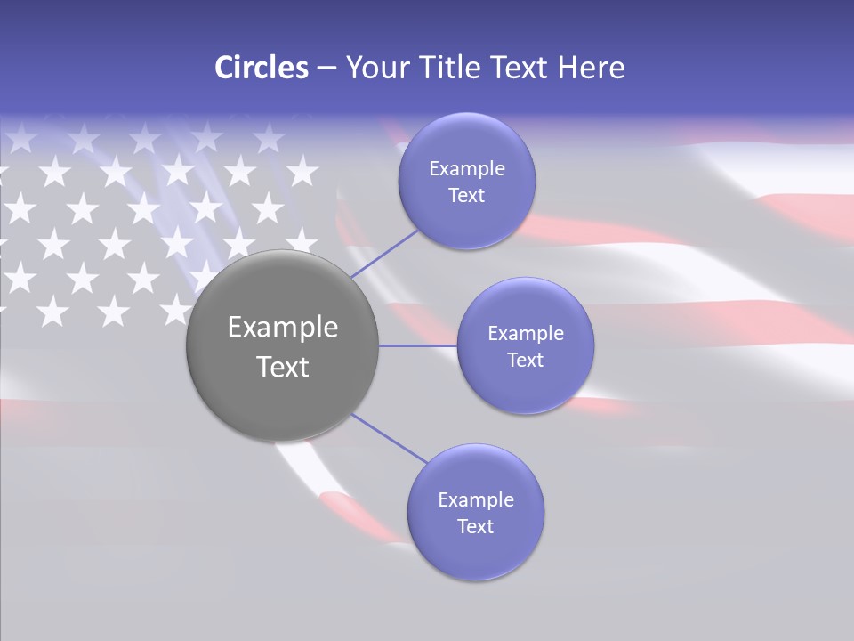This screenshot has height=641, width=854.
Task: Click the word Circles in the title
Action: pos(261,68)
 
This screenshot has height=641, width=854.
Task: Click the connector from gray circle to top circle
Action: pos(384,254)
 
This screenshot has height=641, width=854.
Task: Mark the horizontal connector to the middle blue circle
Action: pos(417,345)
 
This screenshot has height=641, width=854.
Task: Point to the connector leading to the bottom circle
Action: pos(390,439)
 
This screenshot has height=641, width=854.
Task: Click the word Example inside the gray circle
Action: pos(283,328)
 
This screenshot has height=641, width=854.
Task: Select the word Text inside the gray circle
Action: pos(283,367)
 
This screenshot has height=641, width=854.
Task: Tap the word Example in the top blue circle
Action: pos(467,169)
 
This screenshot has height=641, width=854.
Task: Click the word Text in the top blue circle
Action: pos(467,196)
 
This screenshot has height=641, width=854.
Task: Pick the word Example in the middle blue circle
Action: pos(526,334)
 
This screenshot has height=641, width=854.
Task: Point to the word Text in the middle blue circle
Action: pos(526,361)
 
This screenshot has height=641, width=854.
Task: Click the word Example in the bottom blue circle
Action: pos(476,500)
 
